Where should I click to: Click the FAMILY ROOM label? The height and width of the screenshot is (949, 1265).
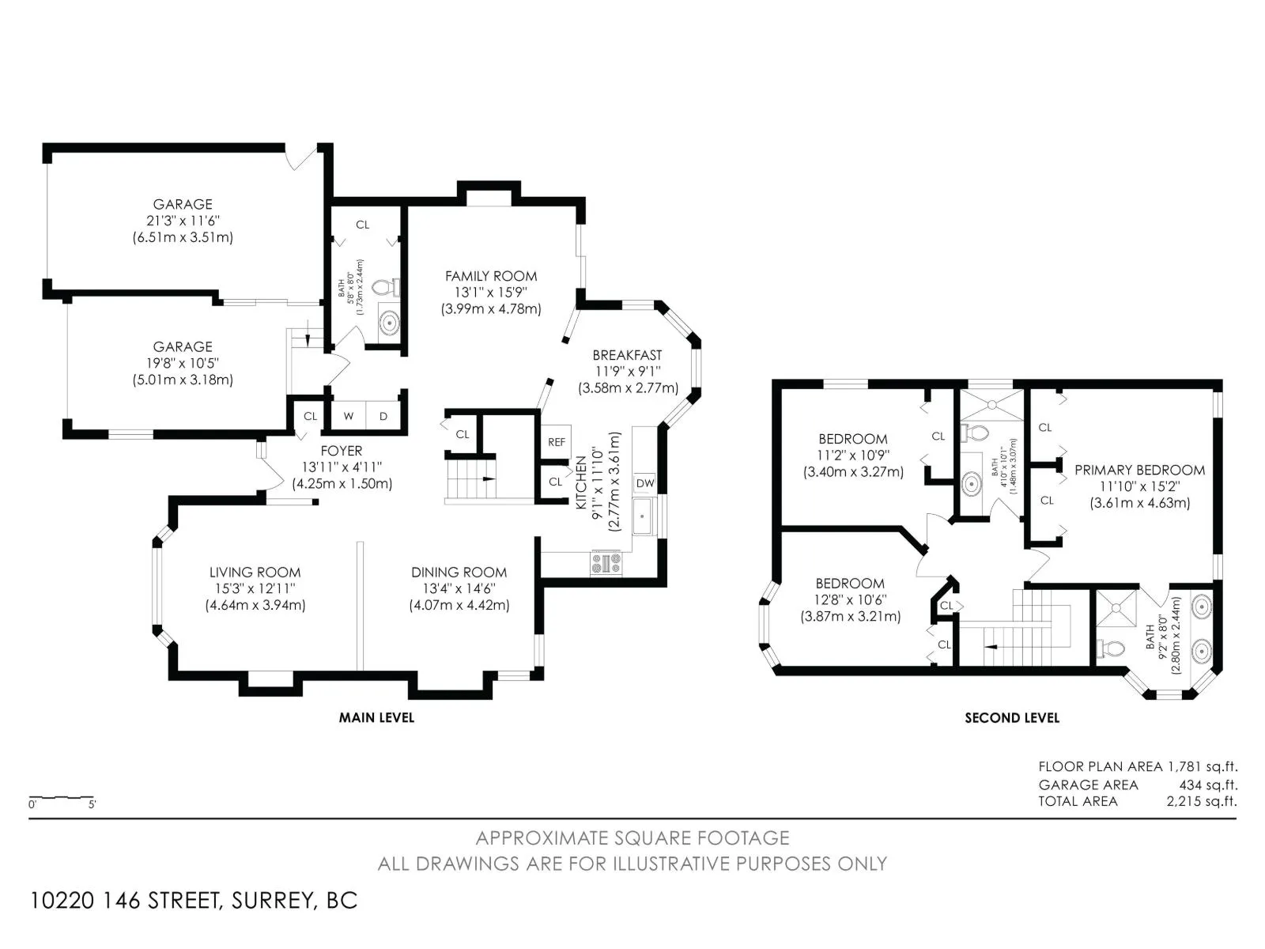491,276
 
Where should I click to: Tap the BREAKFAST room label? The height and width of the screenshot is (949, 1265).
627,355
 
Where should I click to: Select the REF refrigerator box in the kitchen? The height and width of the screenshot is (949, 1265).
556,441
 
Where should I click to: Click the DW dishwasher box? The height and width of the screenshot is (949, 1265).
645,483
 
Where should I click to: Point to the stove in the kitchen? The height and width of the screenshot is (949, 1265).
606,562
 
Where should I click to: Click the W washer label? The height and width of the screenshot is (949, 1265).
348,416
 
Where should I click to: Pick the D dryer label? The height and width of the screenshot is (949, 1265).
383,416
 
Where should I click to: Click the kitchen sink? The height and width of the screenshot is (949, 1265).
643,516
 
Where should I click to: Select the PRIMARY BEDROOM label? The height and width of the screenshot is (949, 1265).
1139,470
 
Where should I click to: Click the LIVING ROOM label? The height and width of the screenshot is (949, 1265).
255,572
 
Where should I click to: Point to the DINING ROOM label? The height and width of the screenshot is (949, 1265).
459,572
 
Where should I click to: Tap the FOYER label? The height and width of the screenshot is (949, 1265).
342,451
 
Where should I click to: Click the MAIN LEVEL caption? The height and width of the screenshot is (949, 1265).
376,717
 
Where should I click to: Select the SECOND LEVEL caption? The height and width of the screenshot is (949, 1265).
1012,717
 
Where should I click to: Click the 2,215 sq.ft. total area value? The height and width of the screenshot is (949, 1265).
1202,801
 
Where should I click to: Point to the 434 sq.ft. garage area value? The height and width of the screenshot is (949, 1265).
1209,785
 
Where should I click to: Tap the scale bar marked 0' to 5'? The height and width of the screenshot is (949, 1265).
62,798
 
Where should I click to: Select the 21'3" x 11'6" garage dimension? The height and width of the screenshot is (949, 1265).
183,220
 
